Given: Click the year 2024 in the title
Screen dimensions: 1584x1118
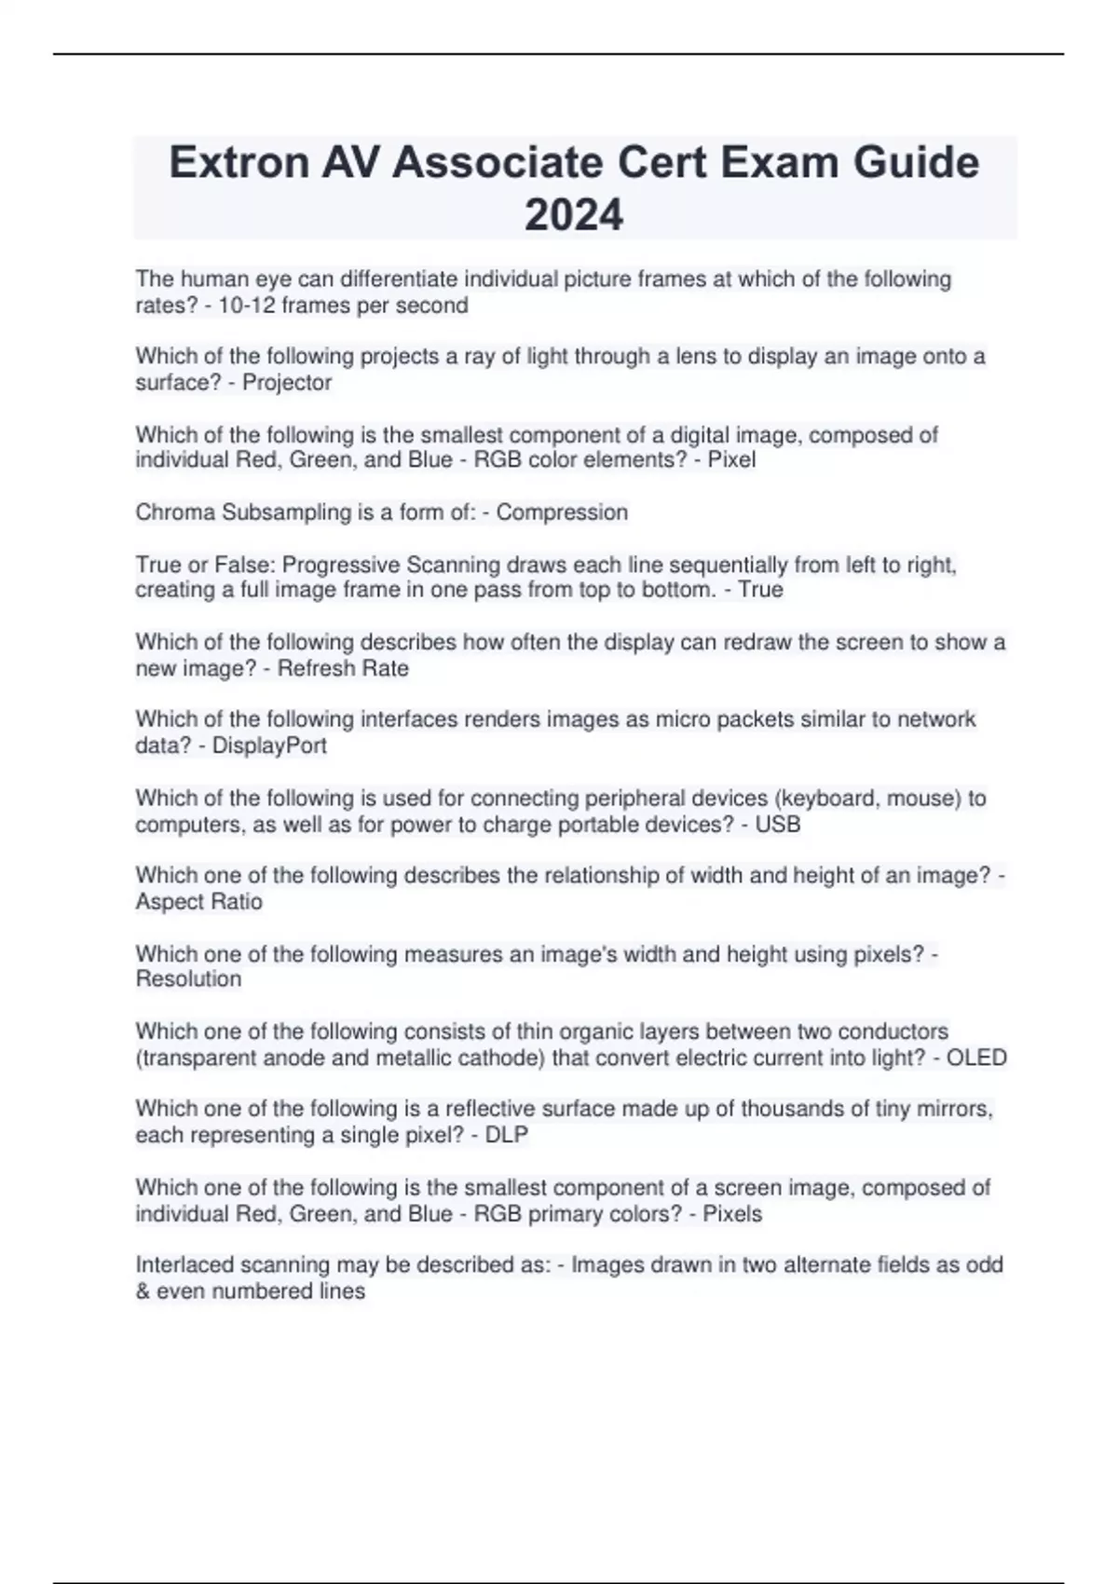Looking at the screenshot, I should tap(574, 215).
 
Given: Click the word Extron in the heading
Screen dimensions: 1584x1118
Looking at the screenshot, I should tap(239, 163).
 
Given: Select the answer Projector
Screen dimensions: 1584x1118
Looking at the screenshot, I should tap(287, 383).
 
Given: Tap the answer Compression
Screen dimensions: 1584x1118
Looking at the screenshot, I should tap(562, 512).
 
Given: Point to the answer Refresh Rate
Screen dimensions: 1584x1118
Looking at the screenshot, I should tap(343, 668).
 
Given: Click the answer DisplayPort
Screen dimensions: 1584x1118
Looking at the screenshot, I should tap(269, 745).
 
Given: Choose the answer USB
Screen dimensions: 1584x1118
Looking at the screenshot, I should tap(779, 825).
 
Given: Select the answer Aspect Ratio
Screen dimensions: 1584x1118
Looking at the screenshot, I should tap(199, 902).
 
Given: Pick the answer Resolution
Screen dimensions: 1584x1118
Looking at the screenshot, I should tap(188, 979).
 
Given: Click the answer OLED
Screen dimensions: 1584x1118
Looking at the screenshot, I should tap(976, 1058).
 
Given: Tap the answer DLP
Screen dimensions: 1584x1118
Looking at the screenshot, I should tap(507, 1135).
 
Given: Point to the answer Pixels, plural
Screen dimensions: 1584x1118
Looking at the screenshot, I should tap(731, 1214).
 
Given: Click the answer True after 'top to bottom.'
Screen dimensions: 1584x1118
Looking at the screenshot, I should tap(760, 590).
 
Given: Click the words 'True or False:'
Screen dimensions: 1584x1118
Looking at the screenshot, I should tap(205, 566).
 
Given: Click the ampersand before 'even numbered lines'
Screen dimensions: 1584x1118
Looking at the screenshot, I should tap(143, 1291).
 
